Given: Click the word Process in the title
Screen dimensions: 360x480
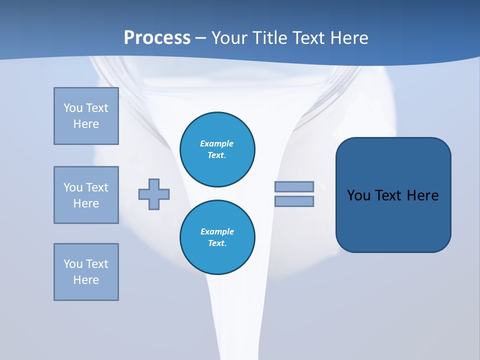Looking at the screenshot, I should point(157,38).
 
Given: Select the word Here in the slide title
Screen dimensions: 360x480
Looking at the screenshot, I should point(348,38).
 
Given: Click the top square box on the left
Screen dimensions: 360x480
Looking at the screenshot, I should point(86,116).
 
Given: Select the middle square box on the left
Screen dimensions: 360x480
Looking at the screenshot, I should point(86,195).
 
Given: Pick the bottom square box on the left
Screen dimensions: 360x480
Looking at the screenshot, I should point(86,272).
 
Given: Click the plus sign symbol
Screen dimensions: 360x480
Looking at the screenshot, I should point(154,194).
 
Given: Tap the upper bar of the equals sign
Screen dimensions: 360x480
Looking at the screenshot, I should point(294,186).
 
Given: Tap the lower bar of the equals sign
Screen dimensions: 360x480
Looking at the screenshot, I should point(294,201).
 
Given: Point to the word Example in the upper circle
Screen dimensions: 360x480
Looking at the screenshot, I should point(217,143).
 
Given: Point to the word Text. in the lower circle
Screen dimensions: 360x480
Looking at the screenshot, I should point(217,243).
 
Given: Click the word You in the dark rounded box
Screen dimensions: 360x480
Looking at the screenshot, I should point(359,195).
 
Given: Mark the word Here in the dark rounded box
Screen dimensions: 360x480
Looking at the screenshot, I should point(422,195).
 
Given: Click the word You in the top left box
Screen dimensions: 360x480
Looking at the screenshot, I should point(73,108).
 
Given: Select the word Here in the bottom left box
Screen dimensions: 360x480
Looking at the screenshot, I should point(86,280).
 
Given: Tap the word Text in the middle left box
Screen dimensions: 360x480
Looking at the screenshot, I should point(97,187).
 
